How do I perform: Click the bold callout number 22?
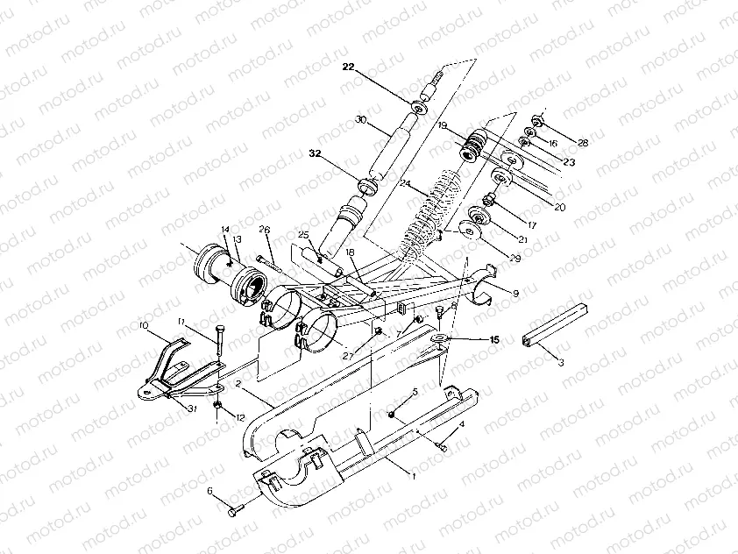[x=349, y=67]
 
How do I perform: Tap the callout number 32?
[x=314, y=154]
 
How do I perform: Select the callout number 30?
[x=359, y=120]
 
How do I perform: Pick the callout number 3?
[x=561, y=360]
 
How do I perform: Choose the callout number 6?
[x=210, y=492]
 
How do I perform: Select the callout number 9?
[x=514, y=292]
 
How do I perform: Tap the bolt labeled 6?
[x=238, y=508]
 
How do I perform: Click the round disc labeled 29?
[x=470, y=233]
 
